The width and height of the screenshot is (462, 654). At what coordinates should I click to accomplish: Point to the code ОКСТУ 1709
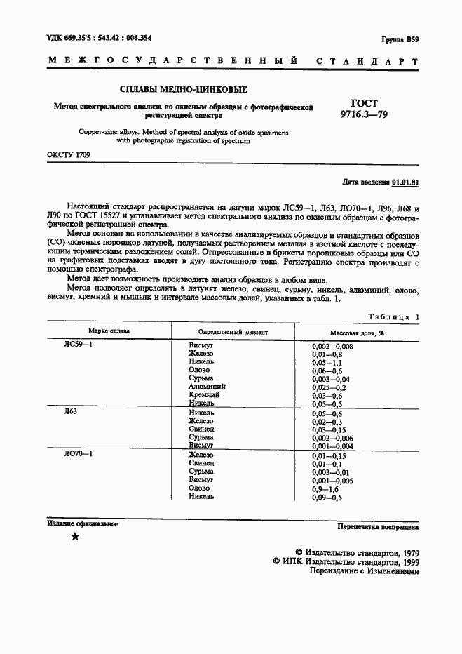click(x=69, y=154)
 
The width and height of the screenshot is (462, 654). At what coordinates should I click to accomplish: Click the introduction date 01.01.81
click(x=405, y=181)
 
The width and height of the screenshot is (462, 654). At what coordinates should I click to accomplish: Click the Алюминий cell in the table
click(x=208, y=387)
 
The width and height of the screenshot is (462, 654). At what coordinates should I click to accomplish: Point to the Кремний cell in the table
click(x=205, y=395)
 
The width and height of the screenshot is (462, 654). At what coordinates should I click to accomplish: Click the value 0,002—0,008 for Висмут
click(x=332, y=347)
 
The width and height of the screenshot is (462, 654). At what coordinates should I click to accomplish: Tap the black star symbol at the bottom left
click(x=75, y=537)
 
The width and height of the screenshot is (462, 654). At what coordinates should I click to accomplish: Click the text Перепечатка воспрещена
click(x=378, y=525)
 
